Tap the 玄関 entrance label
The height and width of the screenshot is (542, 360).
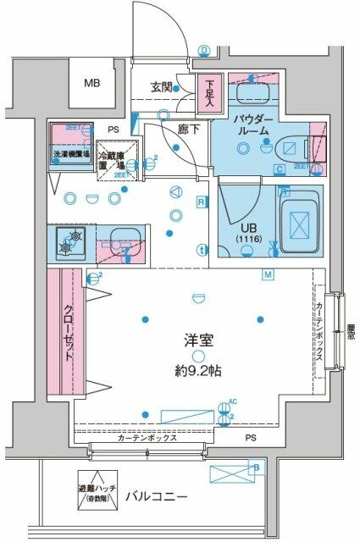pyautogui.click(x=163, y=86)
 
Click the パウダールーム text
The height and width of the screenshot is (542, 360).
pyautogui.click(x=252, y=125)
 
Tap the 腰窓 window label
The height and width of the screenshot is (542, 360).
pyautogui.click(x=352, y=325)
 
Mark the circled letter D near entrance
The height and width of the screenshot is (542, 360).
pyautogui.click(x=204, y=50)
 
